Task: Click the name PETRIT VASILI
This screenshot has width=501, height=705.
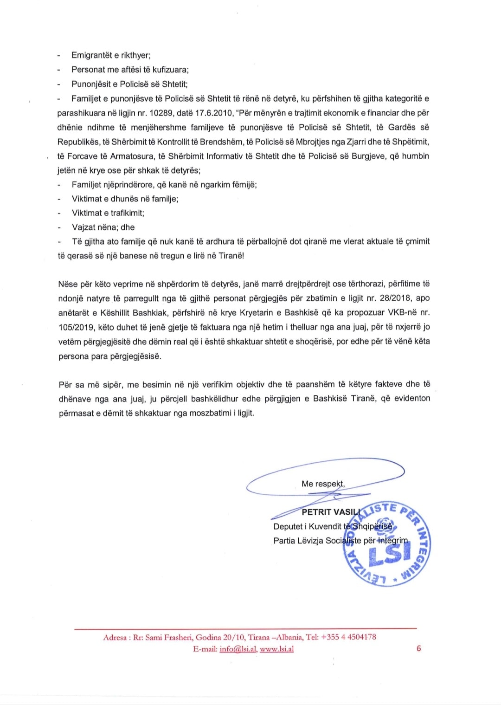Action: (330, 512)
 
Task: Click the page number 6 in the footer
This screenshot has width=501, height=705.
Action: (418, 648)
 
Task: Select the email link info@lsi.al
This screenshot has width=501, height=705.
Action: (238, 649)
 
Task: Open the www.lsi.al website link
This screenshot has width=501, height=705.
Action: (276, 649)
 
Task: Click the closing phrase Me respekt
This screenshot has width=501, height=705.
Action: (323, 484)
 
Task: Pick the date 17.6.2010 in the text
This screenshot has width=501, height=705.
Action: (214, 113)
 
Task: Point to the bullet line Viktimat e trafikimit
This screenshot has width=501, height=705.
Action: (108, 213)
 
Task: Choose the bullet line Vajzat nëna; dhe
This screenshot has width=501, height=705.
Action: (103, 227)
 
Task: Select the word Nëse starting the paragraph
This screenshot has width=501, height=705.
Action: (68, 284)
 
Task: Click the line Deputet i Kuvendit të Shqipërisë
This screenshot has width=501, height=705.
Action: (333, 526)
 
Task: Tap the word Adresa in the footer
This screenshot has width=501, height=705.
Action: (115, 637)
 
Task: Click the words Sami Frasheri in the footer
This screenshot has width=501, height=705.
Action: (169, 637)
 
